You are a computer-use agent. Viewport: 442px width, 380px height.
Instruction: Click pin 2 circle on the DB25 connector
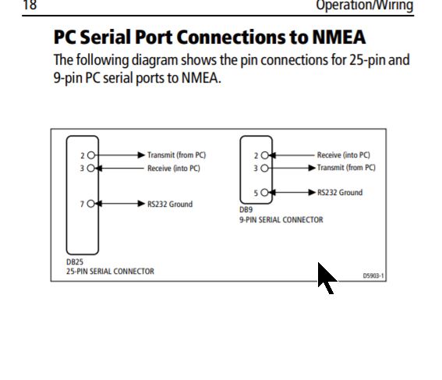[x=90, y=154]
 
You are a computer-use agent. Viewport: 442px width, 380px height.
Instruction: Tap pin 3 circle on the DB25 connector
[x=90, y=168]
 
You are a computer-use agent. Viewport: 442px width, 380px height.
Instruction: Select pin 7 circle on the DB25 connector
[x=90, y=204]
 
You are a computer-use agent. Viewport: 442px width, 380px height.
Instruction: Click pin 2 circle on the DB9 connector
[x=265, y=154]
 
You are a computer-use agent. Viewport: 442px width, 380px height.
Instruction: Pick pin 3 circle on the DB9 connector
[x=265, y=168]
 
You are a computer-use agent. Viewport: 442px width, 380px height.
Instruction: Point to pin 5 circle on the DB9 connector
[x=265, y=193]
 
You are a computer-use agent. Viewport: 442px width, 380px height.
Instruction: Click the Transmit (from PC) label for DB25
[x=176, y=154]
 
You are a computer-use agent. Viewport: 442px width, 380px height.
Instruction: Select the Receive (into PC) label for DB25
[x=174, y=169]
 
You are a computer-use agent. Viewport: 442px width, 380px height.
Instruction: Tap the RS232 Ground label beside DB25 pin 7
[x=170, y=204]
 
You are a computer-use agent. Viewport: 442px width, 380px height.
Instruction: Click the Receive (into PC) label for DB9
[x=343, y=154]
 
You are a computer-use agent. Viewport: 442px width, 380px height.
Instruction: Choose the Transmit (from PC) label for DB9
[x=346, y=168]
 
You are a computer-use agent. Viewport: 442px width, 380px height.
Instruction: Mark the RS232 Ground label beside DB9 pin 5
[x=340, y=193]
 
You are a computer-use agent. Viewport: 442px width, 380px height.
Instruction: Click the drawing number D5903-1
[x=373, y=275]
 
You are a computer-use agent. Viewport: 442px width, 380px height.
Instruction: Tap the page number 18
[x=30, y=5]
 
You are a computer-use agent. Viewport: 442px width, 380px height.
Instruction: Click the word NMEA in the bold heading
[x=339, y=37]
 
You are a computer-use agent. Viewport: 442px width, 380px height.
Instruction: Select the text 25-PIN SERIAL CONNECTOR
[x=110, y=272]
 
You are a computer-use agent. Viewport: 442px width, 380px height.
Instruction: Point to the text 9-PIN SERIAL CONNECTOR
[x=281, y=220]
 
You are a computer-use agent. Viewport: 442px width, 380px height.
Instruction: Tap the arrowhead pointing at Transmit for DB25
[x=141, y=154]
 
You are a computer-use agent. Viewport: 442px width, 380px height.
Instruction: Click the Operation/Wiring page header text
[x=365, y=5]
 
